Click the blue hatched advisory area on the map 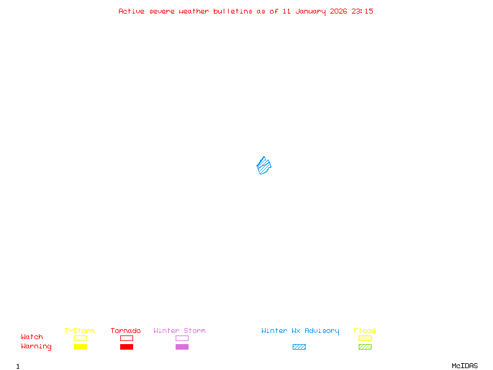pos(264,165)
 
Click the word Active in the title pos(131,11)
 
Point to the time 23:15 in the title pos(362,11)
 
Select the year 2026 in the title pos(339,11)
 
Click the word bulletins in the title pos(233,11)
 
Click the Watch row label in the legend pos(32,337)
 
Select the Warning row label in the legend pos(36,347)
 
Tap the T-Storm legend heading pos(79,331)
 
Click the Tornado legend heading pos(126,331)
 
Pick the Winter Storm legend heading pos(179,331)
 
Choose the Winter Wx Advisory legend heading pos(300,331)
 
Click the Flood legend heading pos(365,331)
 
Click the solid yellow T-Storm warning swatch pos(80,347)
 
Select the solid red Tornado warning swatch pos(126,347)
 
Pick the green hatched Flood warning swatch pos(365,347)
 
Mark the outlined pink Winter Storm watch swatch pos(182,339)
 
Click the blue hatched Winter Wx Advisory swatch pos(299,347)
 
